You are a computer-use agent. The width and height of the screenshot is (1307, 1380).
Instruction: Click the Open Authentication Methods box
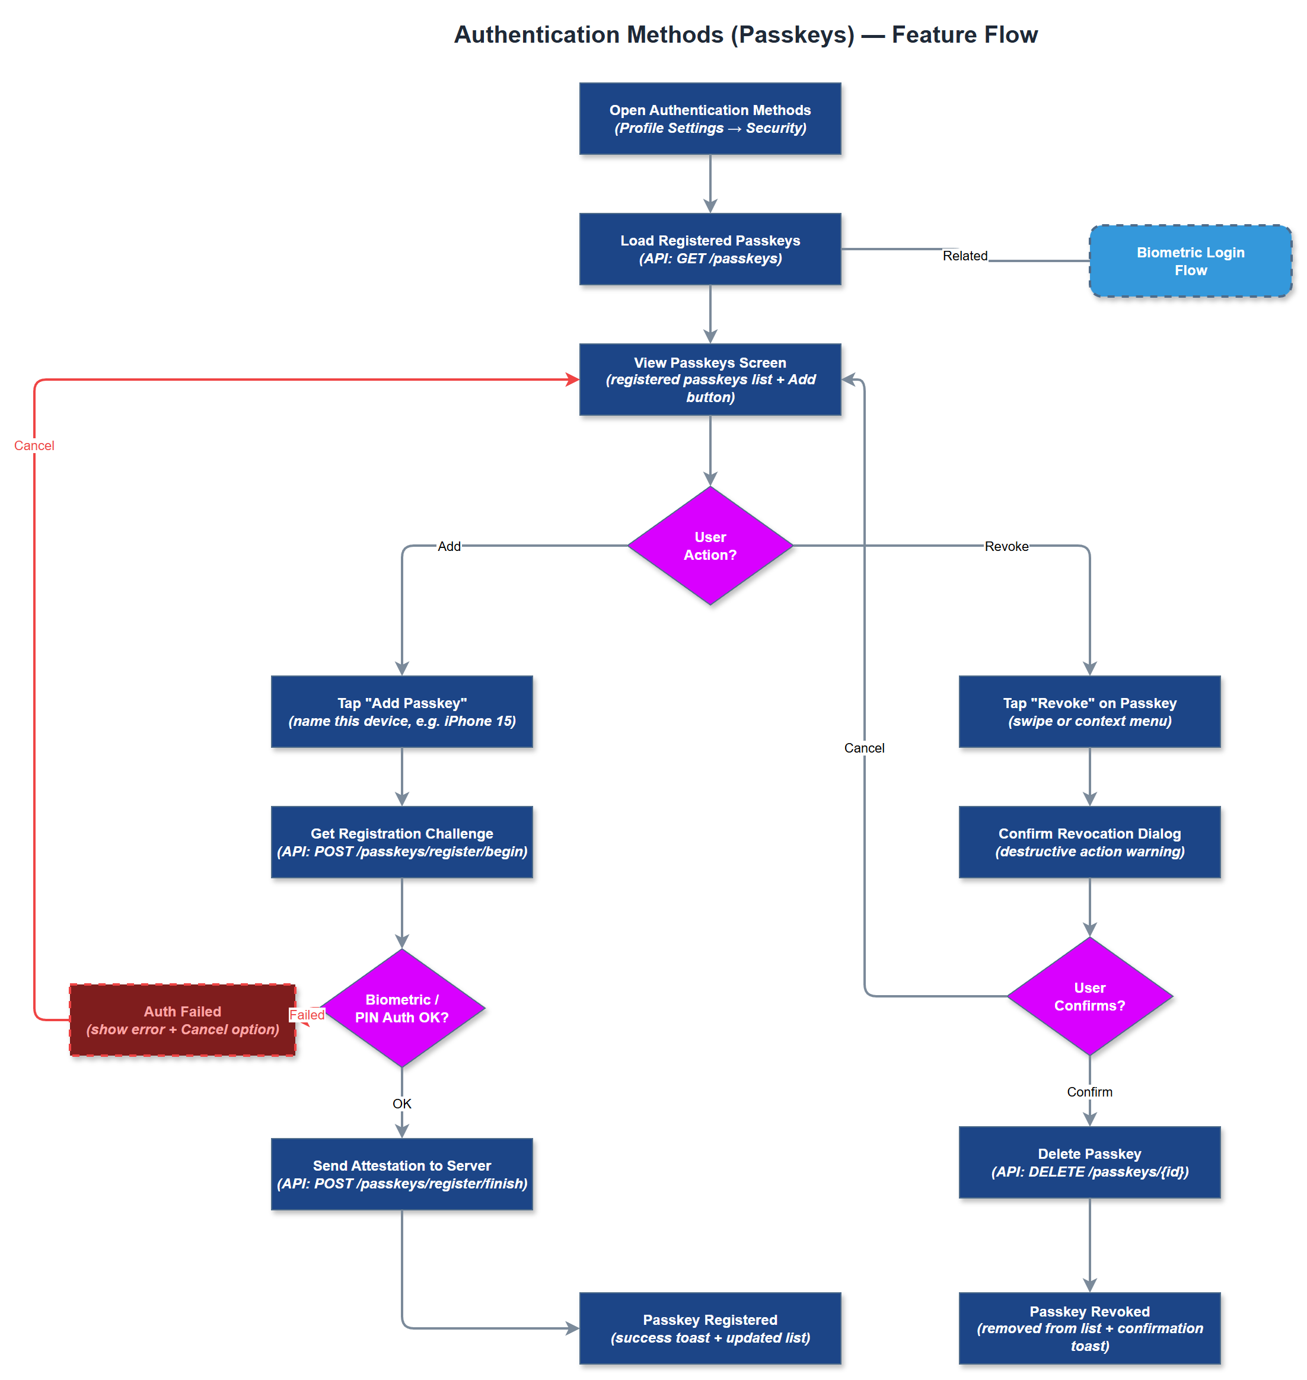[710, 119]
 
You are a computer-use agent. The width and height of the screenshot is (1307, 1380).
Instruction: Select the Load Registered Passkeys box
[710, 248]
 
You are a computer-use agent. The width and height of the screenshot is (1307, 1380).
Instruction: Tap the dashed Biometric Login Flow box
[1190, 261]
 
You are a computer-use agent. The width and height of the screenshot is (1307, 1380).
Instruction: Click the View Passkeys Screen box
[710, 379]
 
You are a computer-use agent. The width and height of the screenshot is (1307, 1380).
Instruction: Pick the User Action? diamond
[710, 546]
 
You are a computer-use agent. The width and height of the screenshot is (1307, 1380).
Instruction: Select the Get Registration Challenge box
[402, 842]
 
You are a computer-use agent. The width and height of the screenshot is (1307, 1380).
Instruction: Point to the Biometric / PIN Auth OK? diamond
[402, 1008]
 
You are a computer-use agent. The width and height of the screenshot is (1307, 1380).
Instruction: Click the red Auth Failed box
[183, 1020]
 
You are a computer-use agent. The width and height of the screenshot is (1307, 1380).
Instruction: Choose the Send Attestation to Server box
[402, 1174]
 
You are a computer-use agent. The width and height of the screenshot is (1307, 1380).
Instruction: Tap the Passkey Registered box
[710, 1328]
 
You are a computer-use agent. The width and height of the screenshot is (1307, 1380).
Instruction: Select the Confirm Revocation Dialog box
[1089, 842]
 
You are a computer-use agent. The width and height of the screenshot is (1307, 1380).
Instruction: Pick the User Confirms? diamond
[1089, 996]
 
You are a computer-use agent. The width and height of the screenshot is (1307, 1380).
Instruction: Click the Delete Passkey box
[1089, 1162]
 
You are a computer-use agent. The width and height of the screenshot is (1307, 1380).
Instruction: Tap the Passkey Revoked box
[1089, 1328]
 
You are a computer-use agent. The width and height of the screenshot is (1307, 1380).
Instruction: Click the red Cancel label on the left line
[34, 445]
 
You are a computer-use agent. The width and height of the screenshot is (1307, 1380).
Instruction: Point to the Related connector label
[964, 256]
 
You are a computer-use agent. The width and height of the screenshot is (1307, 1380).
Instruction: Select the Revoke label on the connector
[1006, 546]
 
